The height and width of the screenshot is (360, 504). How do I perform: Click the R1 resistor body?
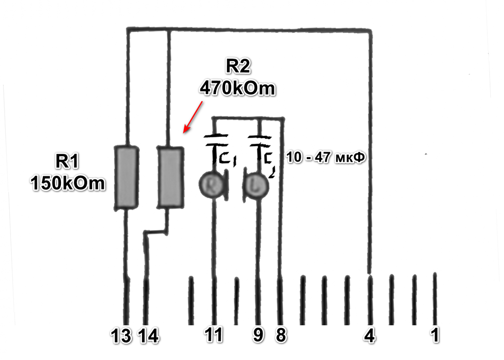[x=127, y=177]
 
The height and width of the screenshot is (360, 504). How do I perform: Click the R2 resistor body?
[x=171, y=177]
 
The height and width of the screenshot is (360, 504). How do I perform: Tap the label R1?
[x=67, y=162]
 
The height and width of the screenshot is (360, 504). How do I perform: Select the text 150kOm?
[x=67, y=184]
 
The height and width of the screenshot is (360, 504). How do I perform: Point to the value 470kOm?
[x=237, y=89]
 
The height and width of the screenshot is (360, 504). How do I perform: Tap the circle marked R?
[x=210, y=184]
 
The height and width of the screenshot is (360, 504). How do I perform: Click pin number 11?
[x=214, y=335]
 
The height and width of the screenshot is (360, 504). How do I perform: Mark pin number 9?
[x=258, y=335]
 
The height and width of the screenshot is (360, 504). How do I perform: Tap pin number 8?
[x=281, y=335]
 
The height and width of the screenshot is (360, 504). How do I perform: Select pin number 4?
[x=370, y=335]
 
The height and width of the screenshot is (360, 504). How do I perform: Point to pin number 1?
[x=435, y=335]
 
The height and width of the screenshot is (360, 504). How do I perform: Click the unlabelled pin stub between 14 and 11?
[x=191, y=300]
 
